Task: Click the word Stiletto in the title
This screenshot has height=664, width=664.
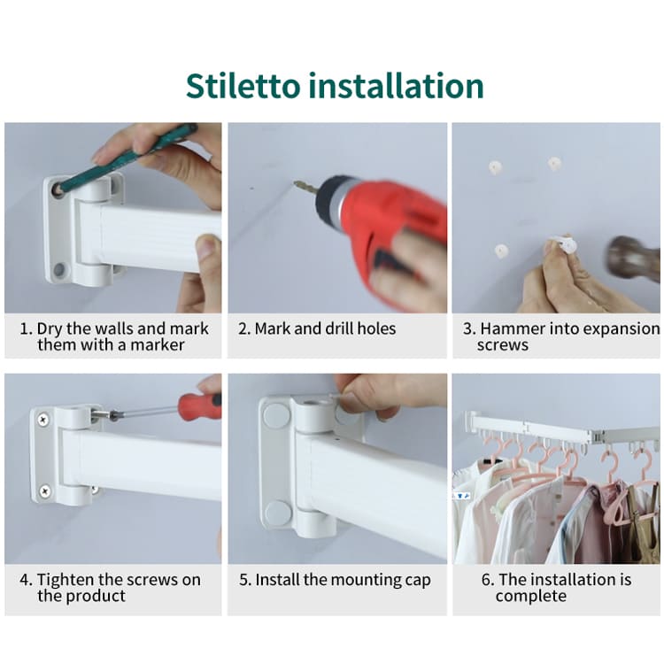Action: tap(243, 86)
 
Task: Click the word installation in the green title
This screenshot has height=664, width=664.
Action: tap(397, 86)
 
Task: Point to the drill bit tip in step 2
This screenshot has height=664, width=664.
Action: tap(295, 182)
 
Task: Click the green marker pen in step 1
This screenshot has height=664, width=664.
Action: tap(127, 158)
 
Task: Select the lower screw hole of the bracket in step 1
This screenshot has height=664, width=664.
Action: tap(59, 270)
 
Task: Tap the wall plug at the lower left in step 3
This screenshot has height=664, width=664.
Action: tap(501, 251)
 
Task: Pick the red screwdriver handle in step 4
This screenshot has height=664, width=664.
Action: tap(199, 405)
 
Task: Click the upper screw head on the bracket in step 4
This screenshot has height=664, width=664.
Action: tap(42, 420)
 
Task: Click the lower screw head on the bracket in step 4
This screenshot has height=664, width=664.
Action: tap(44, 491)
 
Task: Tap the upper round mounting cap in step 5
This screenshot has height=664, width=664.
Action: tap(276, 415)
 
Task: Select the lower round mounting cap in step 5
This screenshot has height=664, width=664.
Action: tap(278, 513)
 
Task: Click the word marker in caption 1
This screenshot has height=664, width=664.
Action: tap(157, 344)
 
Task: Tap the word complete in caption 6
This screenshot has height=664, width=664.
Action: tap(530, 596)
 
